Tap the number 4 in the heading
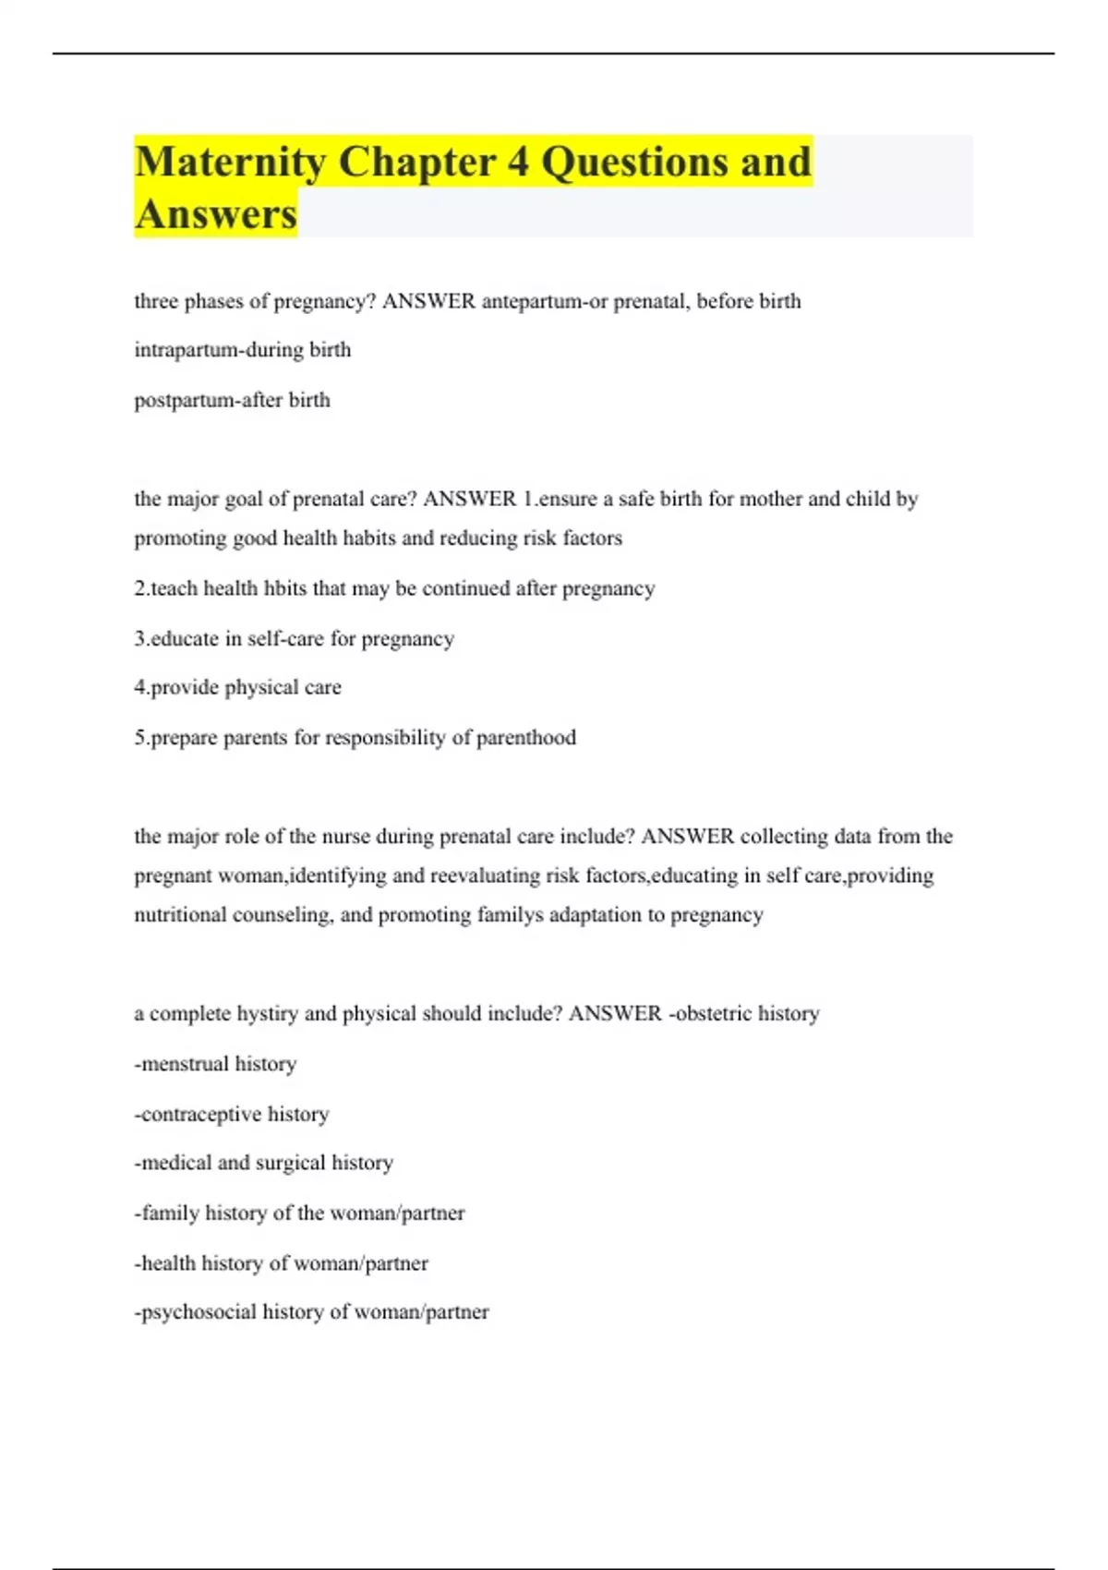[x=517, y=163]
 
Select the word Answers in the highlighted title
[x=216, y=214]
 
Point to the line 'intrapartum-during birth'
[x=243, y=350]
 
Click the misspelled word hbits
[x=284, y=588]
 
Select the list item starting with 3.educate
[x=294, y=638]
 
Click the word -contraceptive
[x=198, y=1115]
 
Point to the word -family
[x=166, y=1213]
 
